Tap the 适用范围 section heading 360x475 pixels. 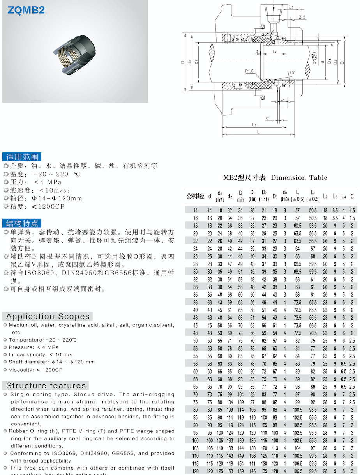[x=22, y=157]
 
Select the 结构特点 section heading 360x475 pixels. [x=22, y=223]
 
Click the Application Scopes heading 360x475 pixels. [x=48, y=317]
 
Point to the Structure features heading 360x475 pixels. [x=46, y=386]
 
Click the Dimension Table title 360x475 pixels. [x=275, y=178]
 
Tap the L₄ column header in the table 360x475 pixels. [x=344, y=196]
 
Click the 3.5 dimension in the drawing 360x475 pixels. [x=302, y=17]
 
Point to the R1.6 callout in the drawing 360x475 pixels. [x=250, y=71]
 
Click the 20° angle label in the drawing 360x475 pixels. [x=265, y=34]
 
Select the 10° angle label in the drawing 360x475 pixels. [x=292, y=73]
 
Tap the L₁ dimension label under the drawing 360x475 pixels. [x=254, y=125]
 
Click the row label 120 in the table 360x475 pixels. [x=196, y=471]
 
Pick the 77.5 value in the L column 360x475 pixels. [x=298, y=333]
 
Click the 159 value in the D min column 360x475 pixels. [x=241, y=471]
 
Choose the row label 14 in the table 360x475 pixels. [x=196, y=210]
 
